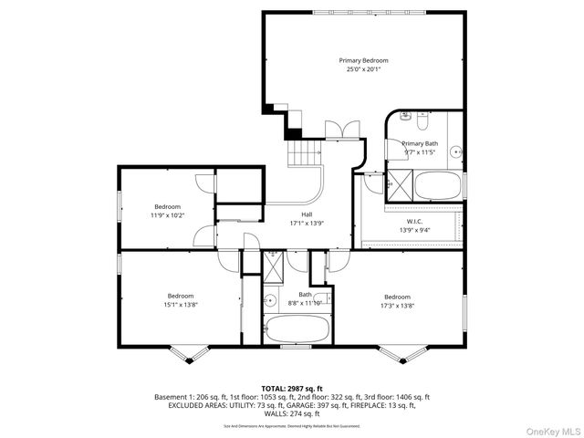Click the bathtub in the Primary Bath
(435, 188)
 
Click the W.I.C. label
(420, 222)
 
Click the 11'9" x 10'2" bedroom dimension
(168, 215)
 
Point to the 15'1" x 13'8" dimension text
(182, 304)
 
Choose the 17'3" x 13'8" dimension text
(397, 306)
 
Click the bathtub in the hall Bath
(297, 328)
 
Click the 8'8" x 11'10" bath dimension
(306, 303)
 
